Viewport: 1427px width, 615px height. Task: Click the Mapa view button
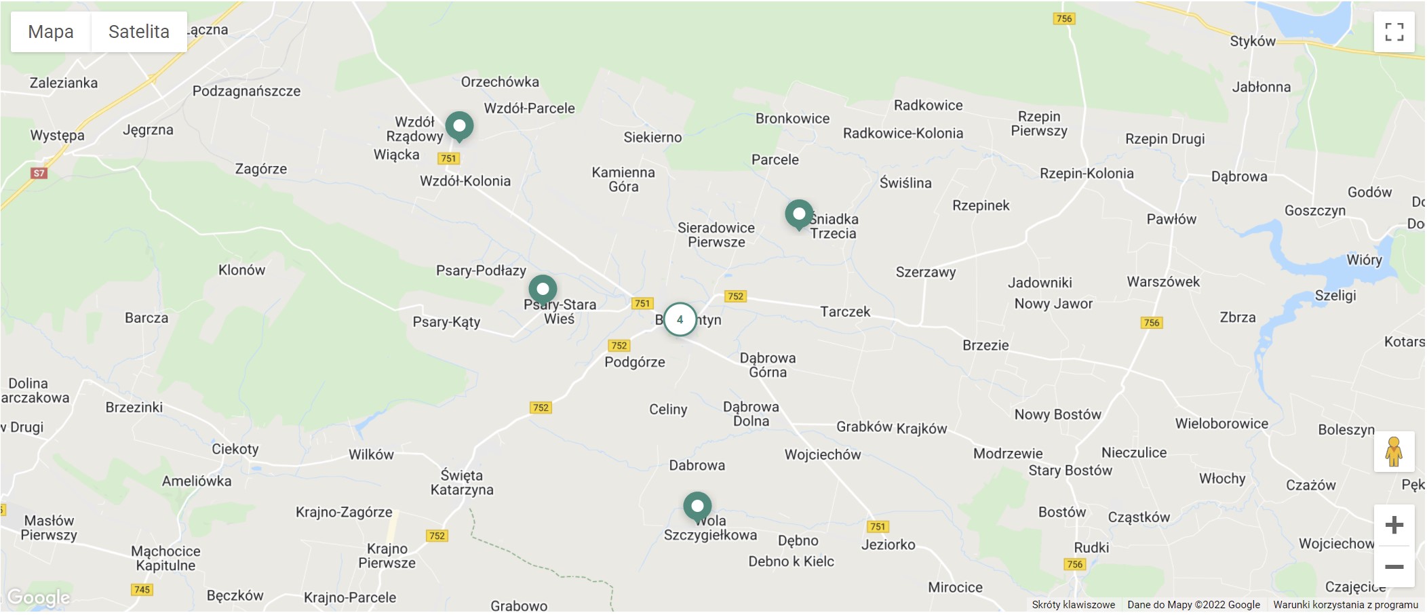coord(51,32)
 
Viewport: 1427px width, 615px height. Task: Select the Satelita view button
coord(139,32)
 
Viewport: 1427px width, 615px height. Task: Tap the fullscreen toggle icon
coord(1394,32)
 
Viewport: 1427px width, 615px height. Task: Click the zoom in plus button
coord(1394,525)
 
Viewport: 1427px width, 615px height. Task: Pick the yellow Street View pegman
coord(1394,452)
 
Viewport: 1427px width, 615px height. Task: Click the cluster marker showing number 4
coord(680,319)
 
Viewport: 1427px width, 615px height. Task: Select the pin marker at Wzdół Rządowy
coord(459,126)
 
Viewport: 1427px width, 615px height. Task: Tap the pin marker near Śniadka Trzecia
coord(799,214)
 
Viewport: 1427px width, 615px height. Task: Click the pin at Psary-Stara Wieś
coord(543,290)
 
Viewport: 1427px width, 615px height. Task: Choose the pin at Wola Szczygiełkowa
coord(697,507)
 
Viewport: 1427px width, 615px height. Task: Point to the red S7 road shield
coord(39,173)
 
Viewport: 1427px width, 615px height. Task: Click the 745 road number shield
coord(142,589)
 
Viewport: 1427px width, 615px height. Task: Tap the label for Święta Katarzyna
coord(462,482)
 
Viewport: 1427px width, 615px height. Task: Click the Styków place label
coord(1253,41)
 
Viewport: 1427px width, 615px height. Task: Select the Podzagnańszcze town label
coord(246,91)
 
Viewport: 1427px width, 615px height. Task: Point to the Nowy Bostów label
coord(1057,414)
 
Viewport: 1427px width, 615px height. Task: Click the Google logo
coord(39,597)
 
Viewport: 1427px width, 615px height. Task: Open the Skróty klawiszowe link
coord(1073,605)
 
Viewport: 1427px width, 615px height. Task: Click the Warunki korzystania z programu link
coord(1345,605)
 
